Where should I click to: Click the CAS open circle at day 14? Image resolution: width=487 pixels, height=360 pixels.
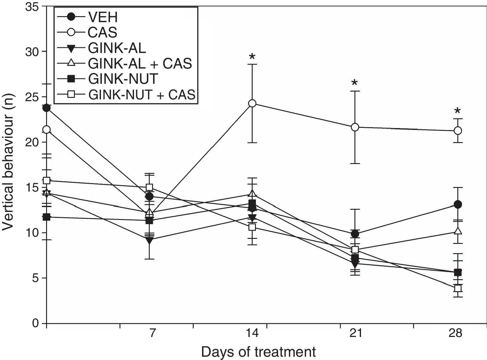tap(252, 103)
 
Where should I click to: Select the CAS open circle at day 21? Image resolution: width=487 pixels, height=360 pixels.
tap(355, 127)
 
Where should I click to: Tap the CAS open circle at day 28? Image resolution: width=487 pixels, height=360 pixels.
tap(458, 130)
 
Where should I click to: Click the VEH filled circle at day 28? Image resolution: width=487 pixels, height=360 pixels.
tap(458, 205)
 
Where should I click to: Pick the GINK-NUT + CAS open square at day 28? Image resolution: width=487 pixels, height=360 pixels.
tap(458, 288)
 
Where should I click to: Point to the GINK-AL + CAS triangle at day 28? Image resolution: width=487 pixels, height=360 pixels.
tap(458, 231)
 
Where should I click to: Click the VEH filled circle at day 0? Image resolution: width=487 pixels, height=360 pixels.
tap(46, 108)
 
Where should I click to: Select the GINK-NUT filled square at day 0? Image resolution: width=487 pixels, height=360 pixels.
tap(46, 217)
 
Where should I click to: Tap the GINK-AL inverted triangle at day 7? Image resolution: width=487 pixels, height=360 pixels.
tap(150, 240)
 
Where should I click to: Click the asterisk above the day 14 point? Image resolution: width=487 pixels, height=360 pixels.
tap(252, 57)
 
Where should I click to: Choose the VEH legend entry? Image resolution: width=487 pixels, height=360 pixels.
tap(102, 17)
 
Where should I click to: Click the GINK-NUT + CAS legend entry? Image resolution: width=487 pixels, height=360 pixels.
tap(142, 95)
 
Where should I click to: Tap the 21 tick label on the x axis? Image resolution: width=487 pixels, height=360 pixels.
tap(355, 333)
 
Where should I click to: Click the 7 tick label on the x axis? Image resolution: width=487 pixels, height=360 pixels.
tap(152, 333)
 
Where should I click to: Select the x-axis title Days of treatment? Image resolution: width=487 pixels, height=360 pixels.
tap(258, 352)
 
